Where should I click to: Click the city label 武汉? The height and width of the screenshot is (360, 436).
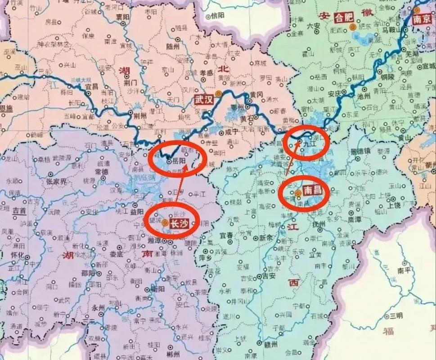(x=202, y=99)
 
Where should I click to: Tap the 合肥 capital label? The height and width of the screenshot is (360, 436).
(x=345, y=18)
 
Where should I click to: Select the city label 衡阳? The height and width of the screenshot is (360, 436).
(x=157, y=289)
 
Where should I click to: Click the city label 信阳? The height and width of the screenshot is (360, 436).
(x=217, y=16)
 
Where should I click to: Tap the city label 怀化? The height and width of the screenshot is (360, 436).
(x=18, y=255)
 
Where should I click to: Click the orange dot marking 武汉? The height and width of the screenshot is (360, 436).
(x=218, y=94)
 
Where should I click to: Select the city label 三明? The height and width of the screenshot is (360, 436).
(x=396, y=315)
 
